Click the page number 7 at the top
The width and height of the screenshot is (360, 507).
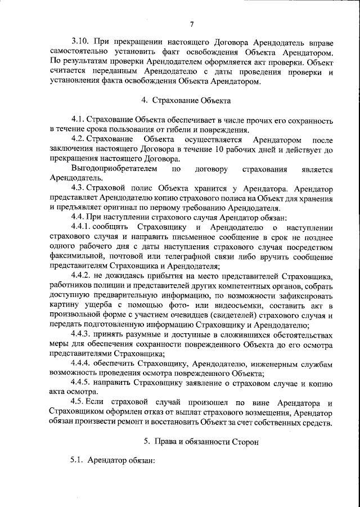pos(191,24)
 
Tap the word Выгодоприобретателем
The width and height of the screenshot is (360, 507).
pos(110,169)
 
